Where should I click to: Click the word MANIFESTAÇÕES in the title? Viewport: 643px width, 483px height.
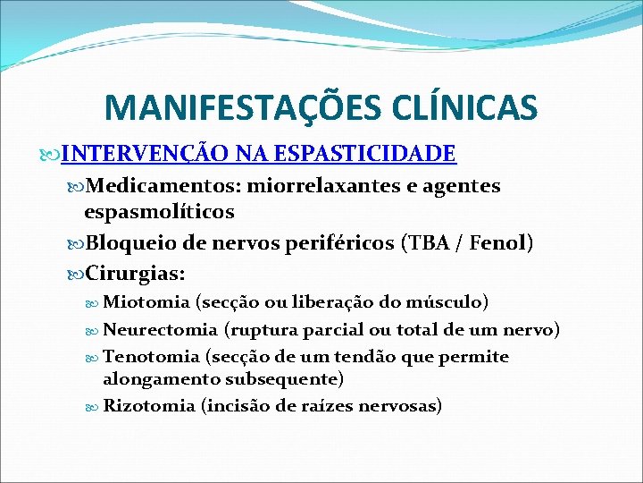pos(233,108)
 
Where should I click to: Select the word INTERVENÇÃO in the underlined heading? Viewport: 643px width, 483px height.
pos(148,154)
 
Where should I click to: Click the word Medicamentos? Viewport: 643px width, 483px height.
pos(164,186)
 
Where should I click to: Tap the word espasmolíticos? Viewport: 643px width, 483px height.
pos(159,212)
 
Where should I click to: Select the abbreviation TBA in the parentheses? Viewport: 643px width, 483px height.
pos(426,242)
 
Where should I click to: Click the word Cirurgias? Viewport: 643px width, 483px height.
pos(139,271)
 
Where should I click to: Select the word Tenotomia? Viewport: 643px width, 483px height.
pos(152,357)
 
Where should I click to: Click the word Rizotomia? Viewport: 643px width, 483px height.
pos(150,406)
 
